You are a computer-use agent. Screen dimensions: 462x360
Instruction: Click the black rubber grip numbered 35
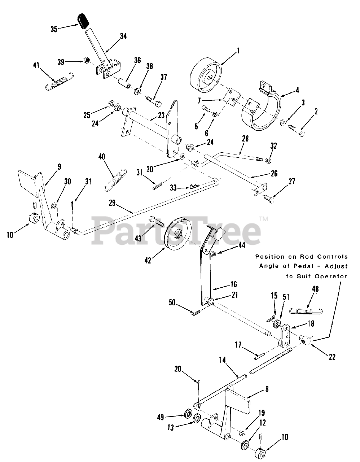point(83,21)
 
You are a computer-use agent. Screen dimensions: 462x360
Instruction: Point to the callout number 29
point(112,203)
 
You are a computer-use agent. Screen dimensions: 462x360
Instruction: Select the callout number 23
point(161,115)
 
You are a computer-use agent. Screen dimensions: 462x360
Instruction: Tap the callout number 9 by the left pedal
point(59,166)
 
